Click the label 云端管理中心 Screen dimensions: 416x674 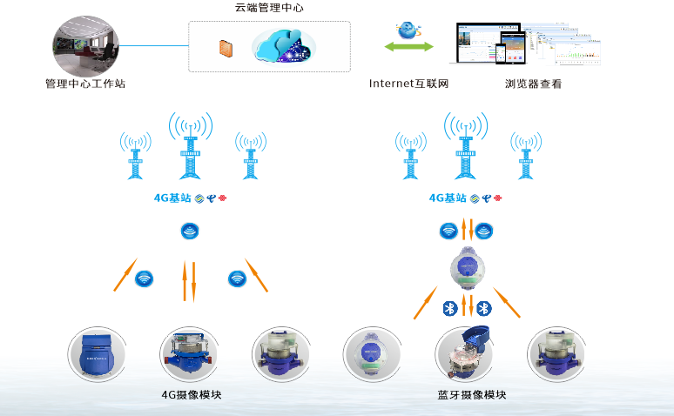pyautogui.click(x=269, y=9)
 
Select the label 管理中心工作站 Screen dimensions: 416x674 pyautogui.click(x=84, y=84)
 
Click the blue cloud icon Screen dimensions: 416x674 pyautogui.click(x=283, y=46)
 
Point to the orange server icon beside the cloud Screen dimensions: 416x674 pyautogui.click(x=226, y=49)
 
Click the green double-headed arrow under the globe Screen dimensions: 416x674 pyautogui.click(x=408, y=45)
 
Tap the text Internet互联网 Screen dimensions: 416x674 pyautogui.click(x=408, y=84)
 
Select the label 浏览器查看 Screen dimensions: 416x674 pyautogui.click(x=533, y=84)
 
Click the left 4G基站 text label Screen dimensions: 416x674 pyautogui.click(x=172, y=198)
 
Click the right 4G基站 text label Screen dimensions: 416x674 pyautogui.click(x=448, y=198)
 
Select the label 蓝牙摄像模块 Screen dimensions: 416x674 pyautogui.click(x=472, y=395)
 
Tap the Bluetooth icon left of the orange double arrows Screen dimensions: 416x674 pyautogui.click(x=450, y=308)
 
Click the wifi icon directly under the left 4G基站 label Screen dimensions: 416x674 pyautogui.click(x=190, y=231)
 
